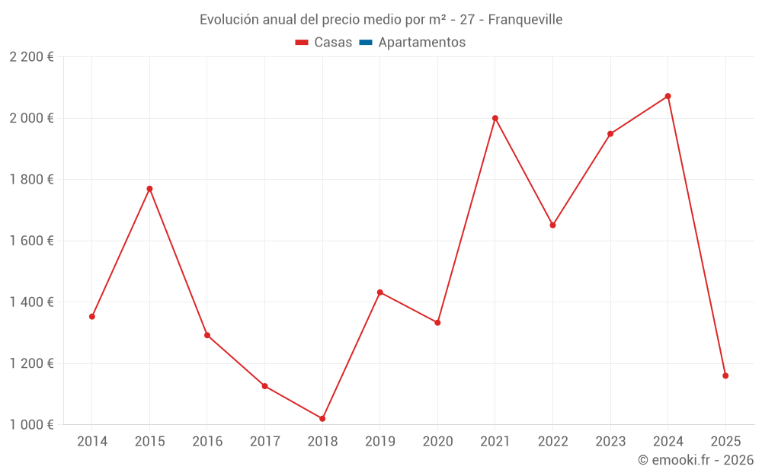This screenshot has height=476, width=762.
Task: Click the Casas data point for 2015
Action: click(x=149, y=189)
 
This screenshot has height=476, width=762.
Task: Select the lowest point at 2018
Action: click(x=322, y=419)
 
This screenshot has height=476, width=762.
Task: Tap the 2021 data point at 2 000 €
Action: click(x=495, y=118)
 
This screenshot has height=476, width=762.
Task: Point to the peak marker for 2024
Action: click(x=668, y=96)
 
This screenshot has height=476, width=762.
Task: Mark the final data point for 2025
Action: click(x=725, y=375)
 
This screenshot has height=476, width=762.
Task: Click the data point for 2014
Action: click(x=92, y=316)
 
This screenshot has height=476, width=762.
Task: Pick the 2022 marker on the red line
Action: click(x=553, y=225)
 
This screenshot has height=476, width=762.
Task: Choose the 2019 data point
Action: click(x=380, y=292)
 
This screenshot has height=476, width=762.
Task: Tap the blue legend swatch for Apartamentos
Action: click(x=365, y=43)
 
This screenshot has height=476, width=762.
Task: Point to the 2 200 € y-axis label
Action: click(x=32, y=57)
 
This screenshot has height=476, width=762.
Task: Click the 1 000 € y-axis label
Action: click(x=32, y=425)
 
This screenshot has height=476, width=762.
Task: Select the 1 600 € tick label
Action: click(x=32, y=241)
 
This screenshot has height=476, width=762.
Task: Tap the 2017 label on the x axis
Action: click(x=264, y=442)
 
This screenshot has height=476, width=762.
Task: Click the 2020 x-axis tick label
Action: click(x=437, y=442)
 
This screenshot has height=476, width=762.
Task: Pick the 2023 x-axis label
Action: click(x=610, y=442)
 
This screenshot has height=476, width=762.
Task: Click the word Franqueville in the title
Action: click(x=525, y=20)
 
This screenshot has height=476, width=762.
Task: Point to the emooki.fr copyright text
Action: click(x=696, y=460)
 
